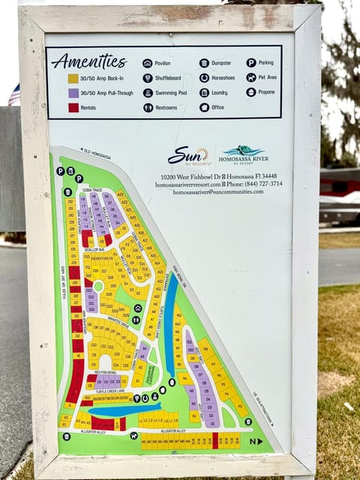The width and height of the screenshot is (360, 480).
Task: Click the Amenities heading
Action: point(88,61)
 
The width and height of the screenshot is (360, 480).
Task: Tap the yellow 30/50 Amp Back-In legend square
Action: point(73,78)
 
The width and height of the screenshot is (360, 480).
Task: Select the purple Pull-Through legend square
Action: point(73,93)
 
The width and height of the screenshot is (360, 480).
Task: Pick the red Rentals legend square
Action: point(73,107)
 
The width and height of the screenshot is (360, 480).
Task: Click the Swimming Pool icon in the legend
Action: point(148,92)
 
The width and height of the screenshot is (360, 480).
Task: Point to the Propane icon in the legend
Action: point(250,92)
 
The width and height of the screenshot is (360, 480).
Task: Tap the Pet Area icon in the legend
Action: point(250,78)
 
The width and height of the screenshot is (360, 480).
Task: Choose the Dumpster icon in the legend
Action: point(204,64)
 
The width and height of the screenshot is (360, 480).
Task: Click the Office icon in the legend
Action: point(204,107)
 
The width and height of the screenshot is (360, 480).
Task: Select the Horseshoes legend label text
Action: point(226,78)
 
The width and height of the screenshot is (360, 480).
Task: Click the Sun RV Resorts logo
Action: point(188,155)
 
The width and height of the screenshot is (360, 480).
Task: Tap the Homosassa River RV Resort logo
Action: point(241,154)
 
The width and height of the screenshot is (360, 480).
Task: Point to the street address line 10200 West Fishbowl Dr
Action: point(218,176)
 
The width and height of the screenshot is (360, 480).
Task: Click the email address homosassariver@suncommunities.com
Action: point(218,192)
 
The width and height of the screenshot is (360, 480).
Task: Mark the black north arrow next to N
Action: point(260,442)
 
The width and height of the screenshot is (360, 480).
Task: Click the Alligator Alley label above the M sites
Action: point(173,431)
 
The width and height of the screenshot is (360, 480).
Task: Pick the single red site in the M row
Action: point(215,440)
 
